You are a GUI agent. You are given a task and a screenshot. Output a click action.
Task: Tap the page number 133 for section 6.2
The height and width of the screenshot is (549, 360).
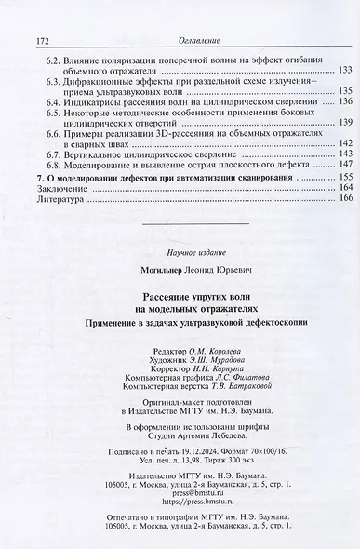pos(342,72)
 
